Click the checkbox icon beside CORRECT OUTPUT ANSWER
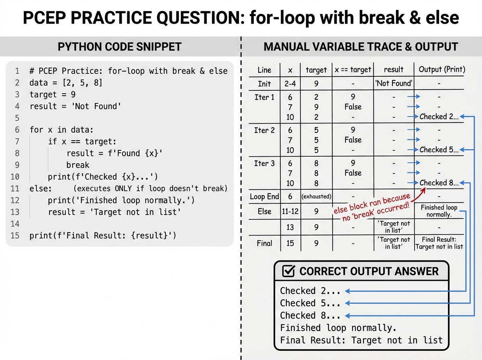[x=289, y=271]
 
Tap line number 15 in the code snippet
[x=15, y=235]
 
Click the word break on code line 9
[x=78, y=165]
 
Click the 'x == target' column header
[x=353, y=70]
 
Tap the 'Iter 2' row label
[x=264, y=130]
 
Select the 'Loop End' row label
[x=264, y=196]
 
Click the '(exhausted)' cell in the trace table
[x=317, y=196]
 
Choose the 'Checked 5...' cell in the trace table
[x=439, y=149]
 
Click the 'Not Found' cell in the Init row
[x=394, y=84]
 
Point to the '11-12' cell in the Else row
[x=290, y=211]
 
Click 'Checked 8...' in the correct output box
[x=310, y=315]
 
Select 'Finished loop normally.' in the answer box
[x=339, y=328]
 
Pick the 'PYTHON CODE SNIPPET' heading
[x=120, y=47]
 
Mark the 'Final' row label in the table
[x=264, y=243]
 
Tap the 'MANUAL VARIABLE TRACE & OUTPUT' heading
[x=361, y=47]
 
